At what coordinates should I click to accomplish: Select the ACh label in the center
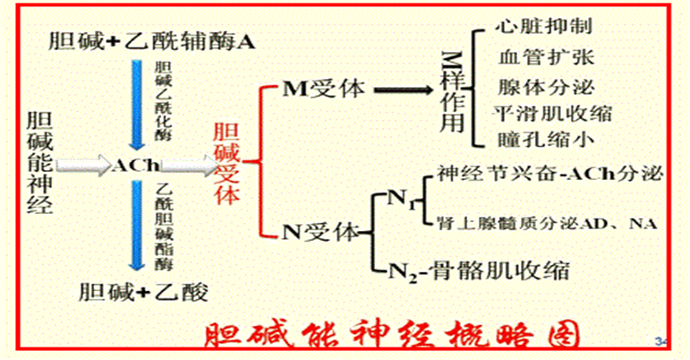pos(136,165)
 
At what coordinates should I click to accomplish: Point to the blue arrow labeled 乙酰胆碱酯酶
pos(133,224)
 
